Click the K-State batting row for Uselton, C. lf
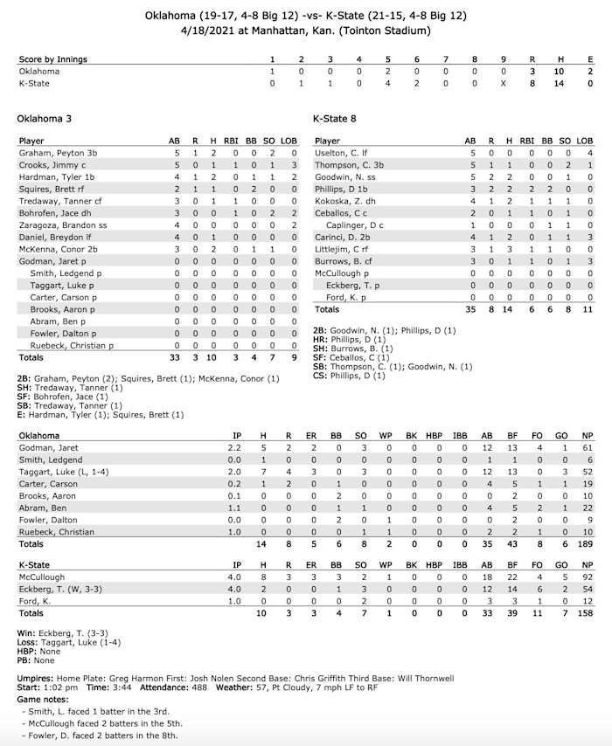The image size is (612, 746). [341, 152]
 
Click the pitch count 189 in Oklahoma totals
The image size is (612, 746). [587, 544]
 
